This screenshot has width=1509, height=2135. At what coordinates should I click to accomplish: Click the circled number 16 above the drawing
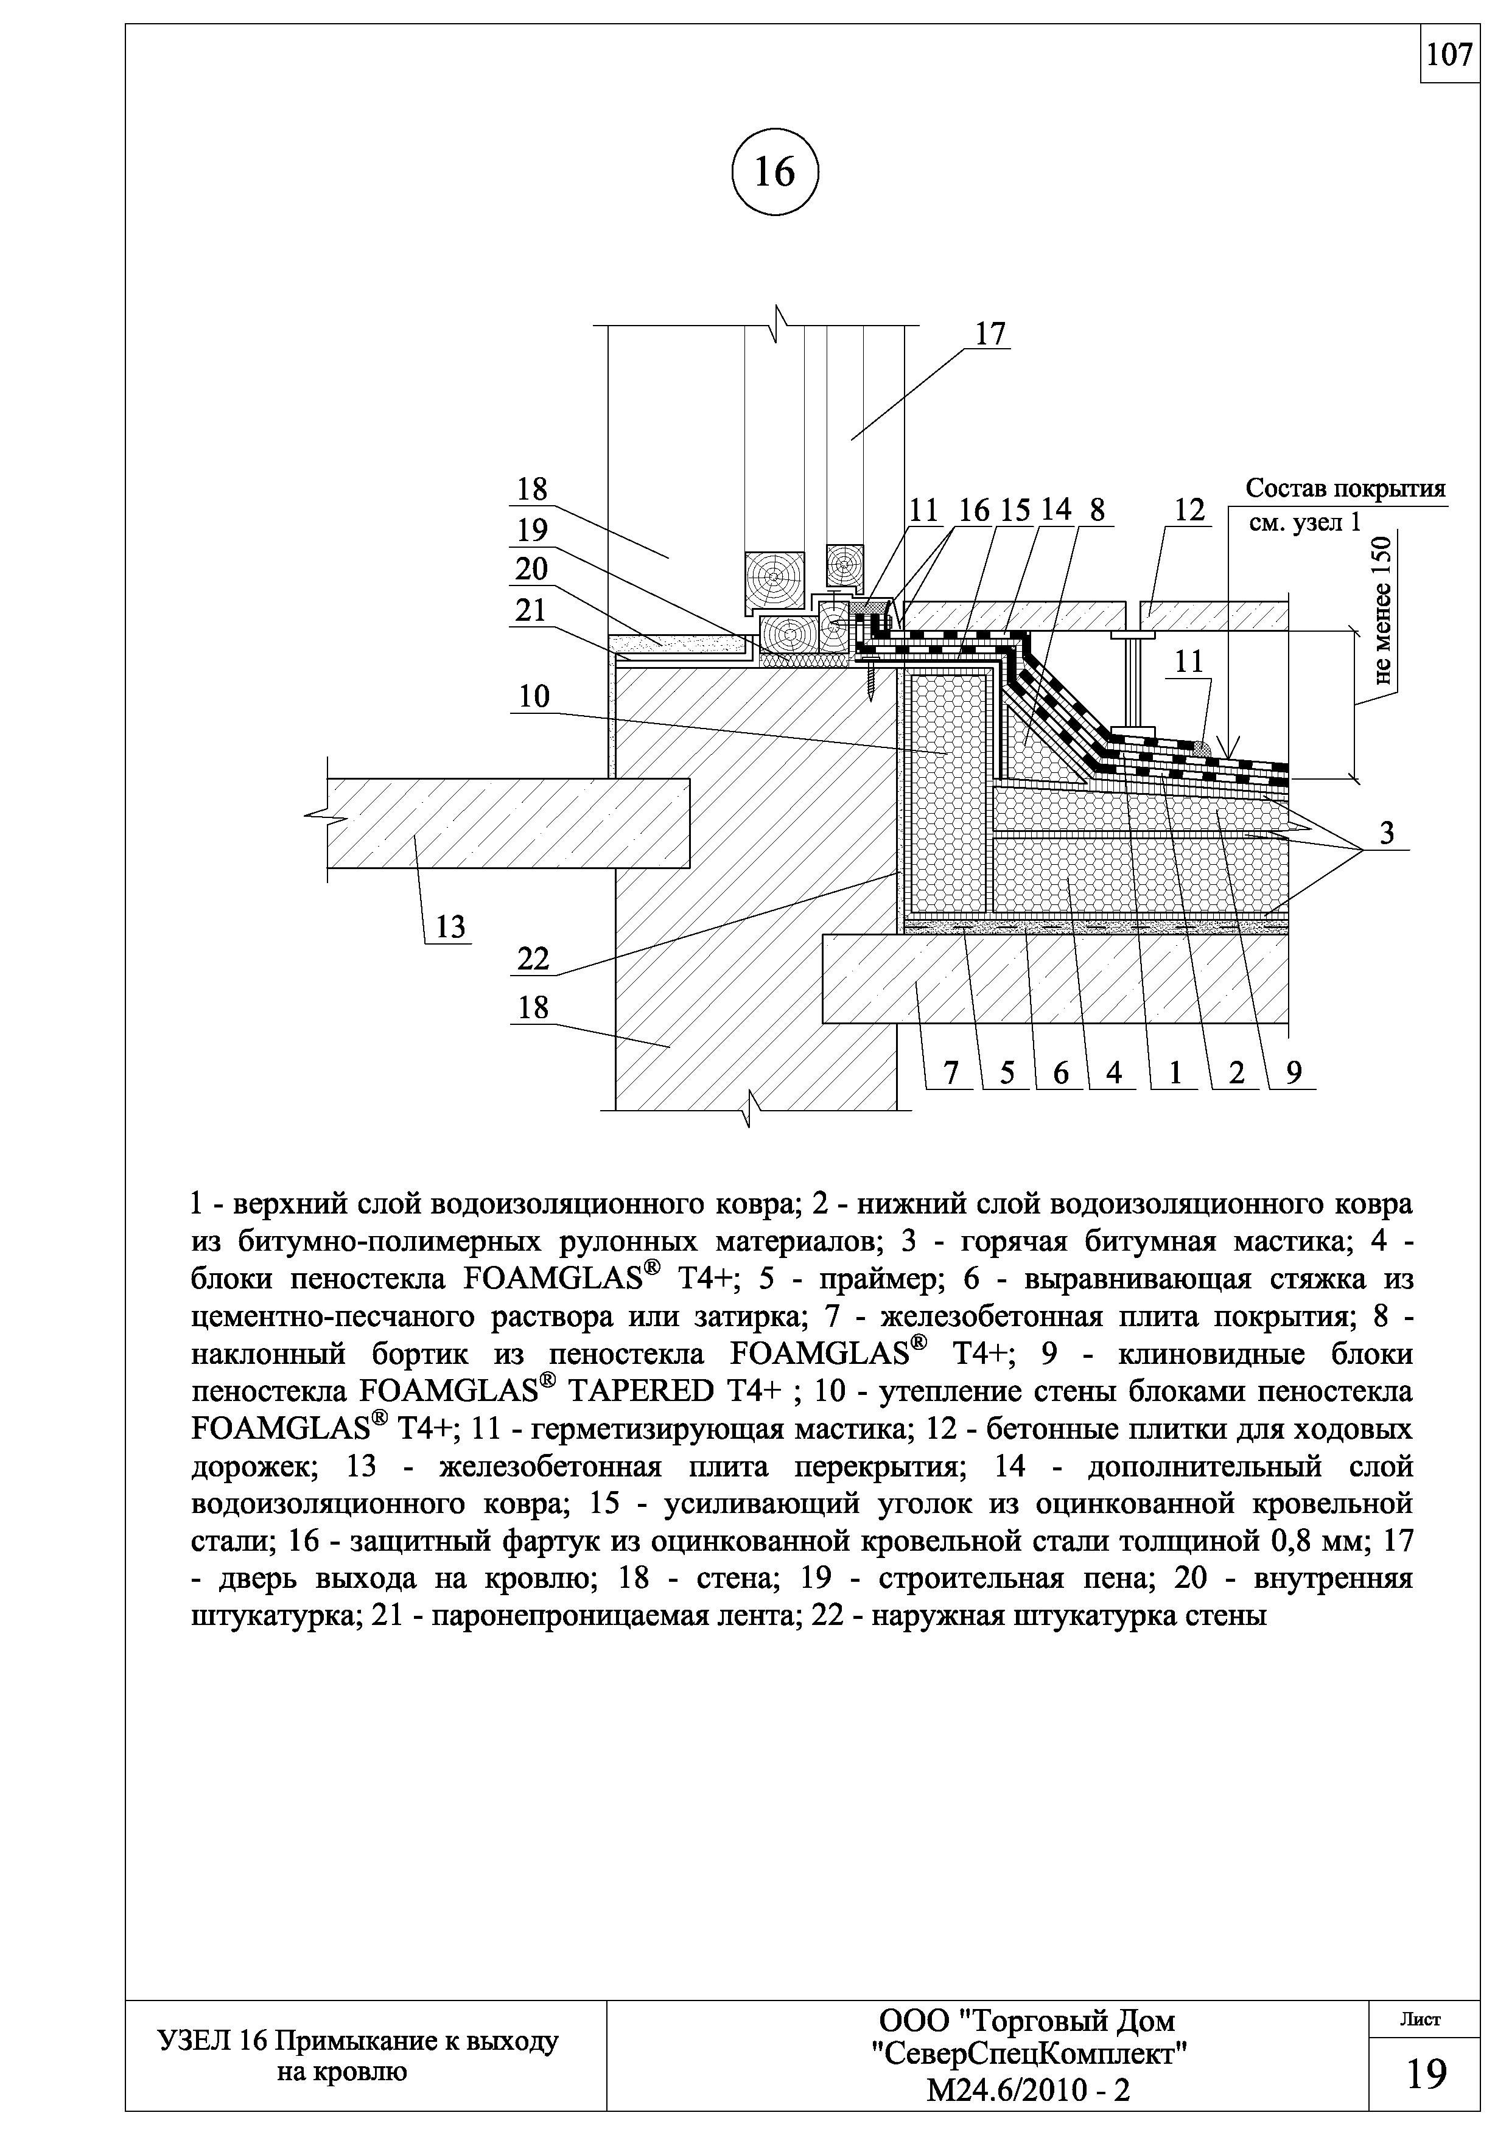[774, 172]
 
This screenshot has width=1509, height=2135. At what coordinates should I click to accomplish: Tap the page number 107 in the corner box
[1449, 56]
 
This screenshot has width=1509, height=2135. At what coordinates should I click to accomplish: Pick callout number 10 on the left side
[534, 696]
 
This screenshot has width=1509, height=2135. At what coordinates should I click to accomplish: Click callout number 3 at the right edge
[1386, 834]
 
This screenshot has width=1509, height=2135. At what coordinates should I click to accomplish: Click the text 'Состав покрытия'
[1345, 489]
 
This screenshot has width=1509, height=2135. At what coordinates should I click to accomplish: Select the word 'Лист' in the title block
[1420, 2019]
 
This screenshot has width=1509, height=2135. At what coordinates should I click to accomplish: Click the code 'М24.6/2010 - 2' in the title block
[1028, 2091]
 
